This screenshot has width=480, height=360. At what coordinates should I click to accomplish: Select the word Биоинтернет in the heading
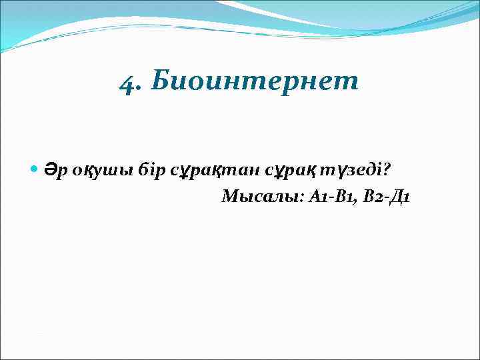[255, 81]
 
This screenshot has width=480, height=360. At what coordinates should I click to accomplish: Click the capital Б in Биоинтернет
[159, 81]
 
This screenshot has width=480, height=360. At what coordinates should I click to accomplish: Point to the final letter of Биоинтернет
[351, 83]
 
